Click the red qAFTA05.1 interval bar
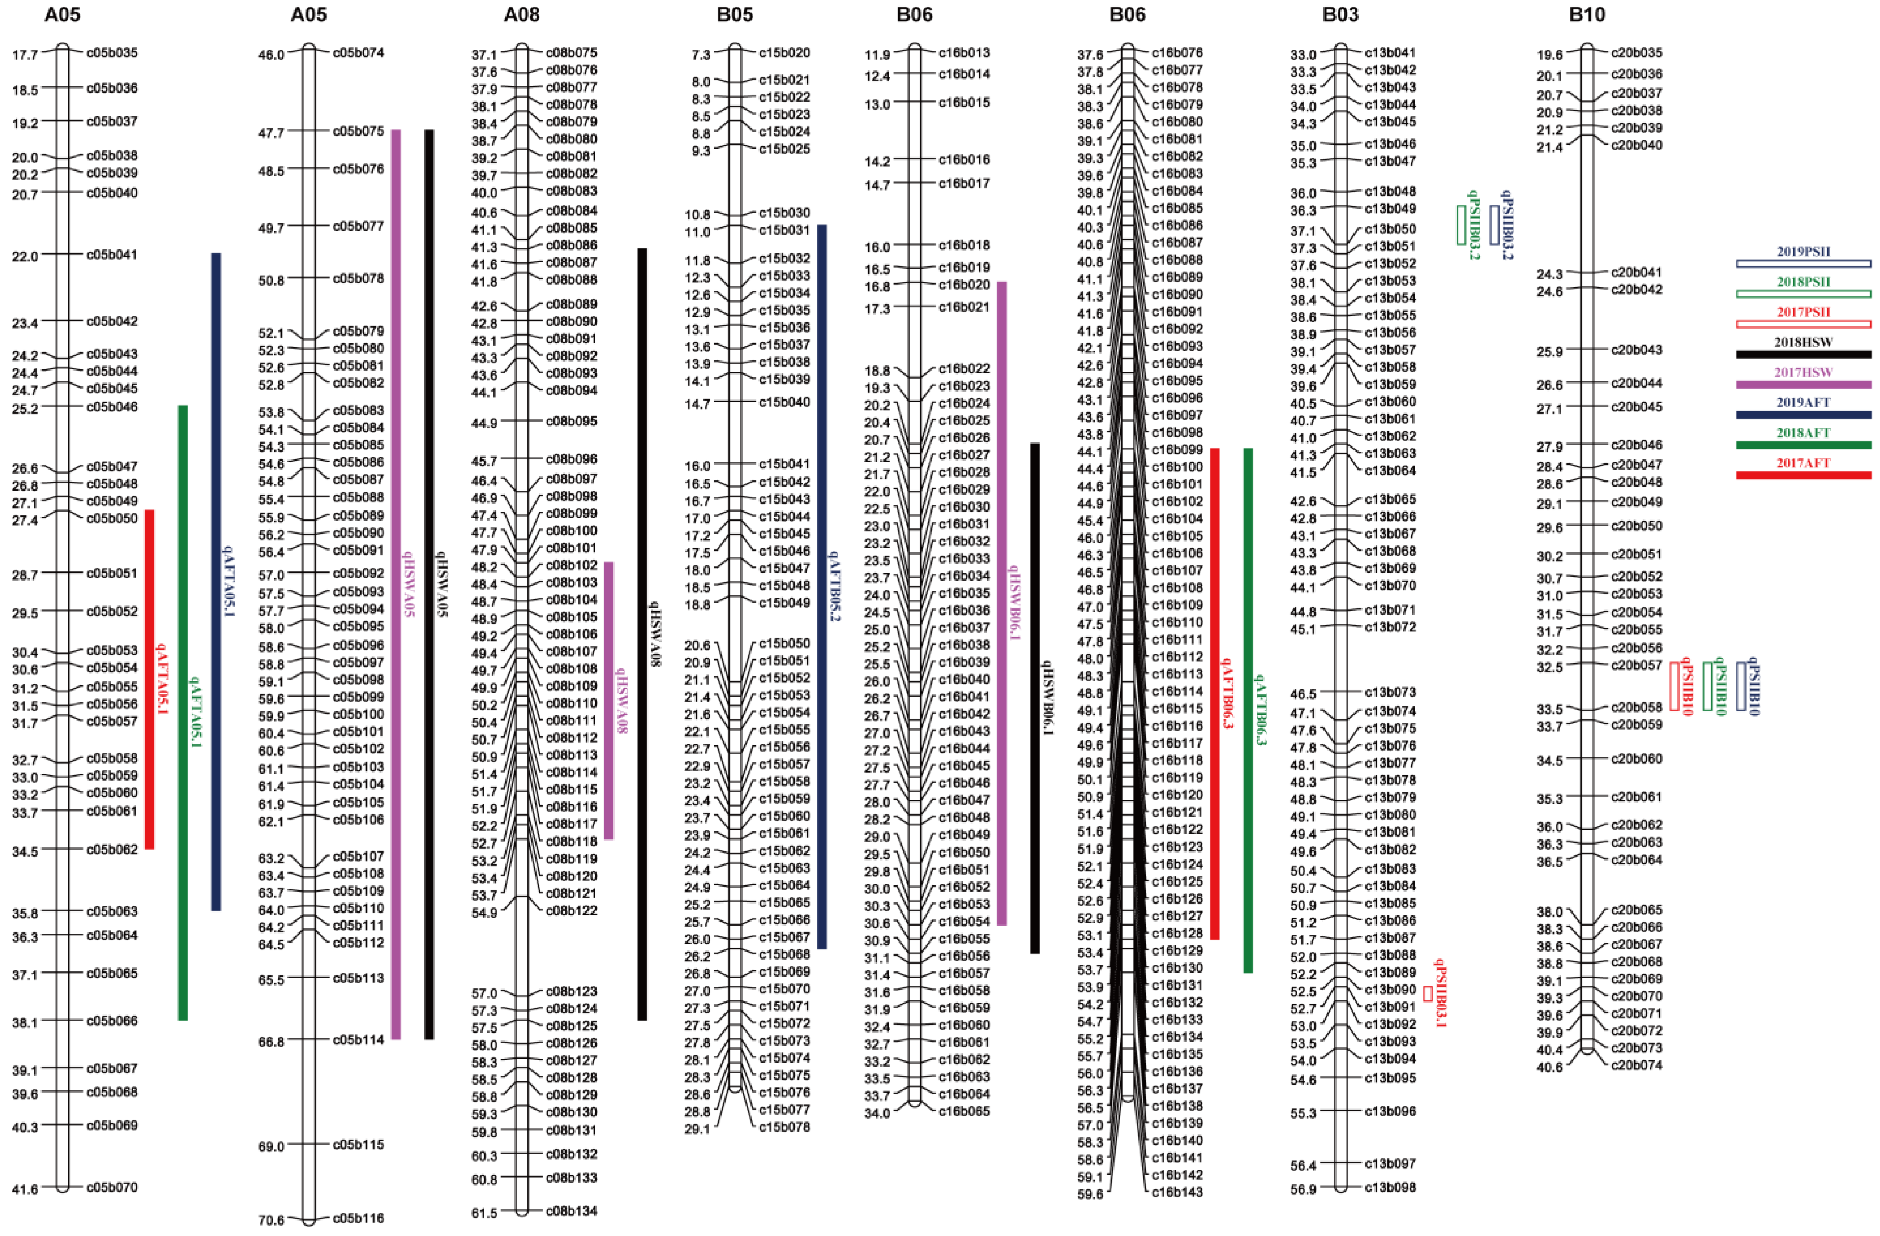pos(149,679)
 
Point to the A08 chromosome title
pos(521,14)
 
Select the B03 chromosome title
pos(1340,14)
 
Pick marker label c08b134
pos(571,1211)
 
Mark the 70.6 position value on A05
pos(271,1220)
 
